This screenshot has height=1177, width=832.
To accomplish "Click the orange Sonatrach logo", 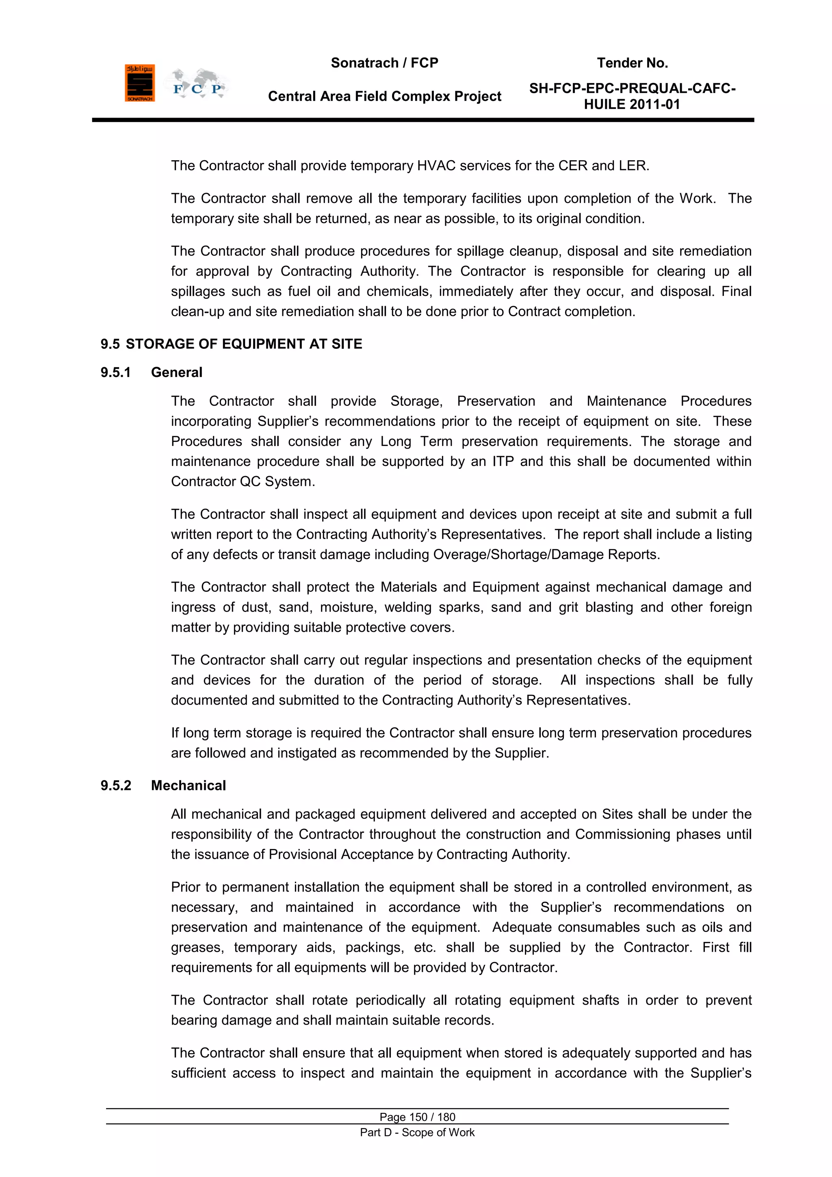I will click(139, 83).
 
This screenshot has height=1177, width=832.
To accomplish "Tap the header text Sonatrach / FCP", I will click(384, 63).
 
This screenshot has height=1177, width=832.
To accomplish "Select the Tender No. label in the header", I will click(632, 63).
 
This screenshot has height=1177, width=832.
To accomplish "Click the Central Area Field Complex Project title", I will click(384, 96).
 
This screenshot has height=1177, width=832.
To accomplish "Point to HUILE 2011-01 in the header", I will click(632, 104).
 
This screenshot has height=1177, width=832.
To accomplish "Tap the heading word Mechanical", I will click(188, 786).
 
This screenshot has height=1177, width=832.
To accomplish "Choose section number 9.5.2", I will click(116, 786).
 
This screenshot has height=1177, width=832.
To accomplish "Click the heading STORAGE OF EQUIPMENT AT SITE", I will click(244, 344).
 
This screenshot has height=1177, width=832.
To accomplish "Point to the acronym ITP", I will click(503, 462).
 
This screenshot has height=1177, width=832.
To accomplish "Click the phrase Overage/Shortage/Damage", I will click(518, 555).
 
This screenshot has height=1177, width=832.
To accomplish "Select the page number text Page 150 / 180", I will click(417, 1117).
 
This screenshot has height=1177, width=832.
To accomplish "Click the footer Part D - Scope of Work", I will click(417, 1132).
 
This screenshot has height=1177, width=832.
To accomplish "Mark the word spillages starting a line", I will click(198, 292).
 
